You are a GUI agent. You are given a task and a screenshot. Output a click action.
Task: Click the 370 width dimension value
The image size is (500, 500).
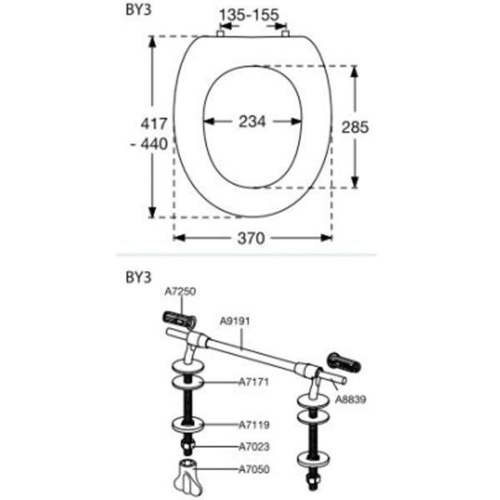[x=251, y=238]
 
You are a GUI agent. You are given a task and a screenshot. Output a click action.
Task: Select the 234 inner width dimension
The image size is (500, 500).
[x=252, y=122]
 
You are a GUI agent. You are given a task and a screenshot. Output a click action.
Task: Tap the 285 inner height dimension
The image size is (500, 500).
[x=355, y=127]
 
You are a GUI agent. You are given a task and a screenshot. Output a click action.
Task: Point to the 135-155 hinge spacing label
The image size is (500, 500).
[x=249, y=15]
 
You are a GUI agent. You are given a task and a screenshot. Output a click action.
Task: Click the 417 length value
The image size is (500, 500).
[x=154, y=123]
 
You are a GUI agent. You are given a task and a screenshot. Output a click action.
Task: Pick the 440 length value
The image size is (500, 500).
[x=154, y=144]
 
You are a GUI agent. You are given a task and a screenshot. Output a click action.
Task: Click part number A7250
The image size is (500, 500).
[x=180, y=292]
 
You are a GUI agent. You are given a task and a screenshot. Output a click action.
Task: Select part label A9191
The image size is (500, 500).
[x=235, y=321]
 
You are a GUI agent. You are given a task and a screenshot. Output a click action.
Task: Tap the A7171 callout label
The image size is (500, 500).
[x=254, y=382]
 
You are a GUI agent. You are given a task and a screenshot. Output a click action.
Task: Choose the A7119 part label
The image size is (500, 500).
[x=254, y=425]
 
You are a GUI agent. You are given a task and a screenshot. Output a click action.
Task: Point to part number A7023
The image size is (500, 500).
[x=254, y=447]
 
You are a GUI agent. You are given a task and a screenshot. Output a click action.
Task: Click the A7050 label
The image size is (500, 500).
[x=254, y=469]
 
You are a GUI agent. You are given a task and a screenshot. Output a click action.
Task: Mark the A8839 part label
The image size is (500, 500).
[x=351, y=399]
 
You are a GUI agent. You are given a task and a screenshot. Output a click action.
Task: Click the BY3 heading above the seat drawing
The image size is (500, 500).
[x=138, y=10]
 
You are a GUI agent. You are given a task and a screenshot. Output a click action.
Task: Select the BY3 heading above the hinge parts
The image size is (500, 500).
[x=138, y=277]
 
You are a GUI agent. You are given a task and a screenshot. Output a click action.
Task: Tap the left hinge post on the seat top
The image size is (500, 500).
[x=221, y=33]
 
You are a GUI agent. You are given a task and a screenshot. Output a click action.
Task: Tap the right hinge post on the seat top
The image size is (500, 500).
[x=285, y=33]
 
